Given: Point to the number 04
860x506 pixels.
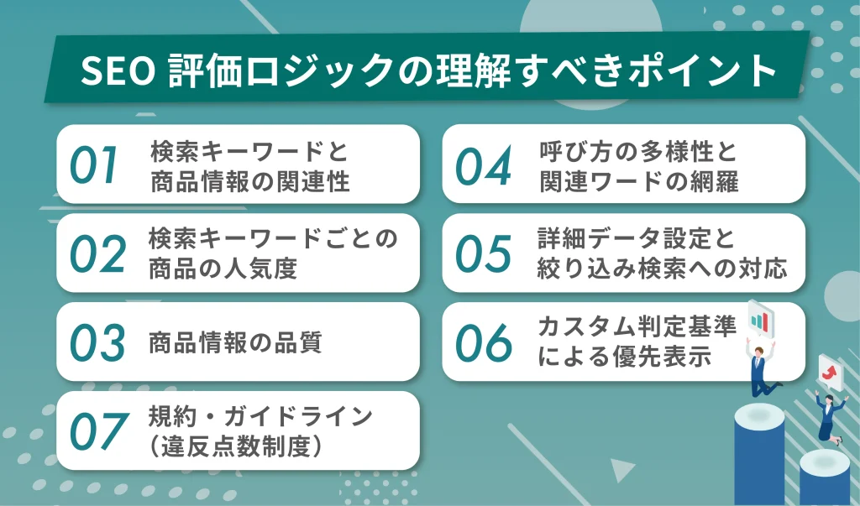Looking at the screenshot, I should click(483, 165).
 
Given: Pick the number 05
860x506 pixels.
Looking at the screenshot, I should click(483, 253).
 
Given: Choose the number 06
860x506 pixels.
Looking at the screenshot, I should click(483, 342).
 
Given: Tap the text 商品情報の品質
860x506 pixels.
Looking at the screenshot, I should click(235, 342).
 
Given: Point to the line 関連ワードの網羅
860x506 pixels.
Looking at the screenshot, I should click(638, 181).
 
